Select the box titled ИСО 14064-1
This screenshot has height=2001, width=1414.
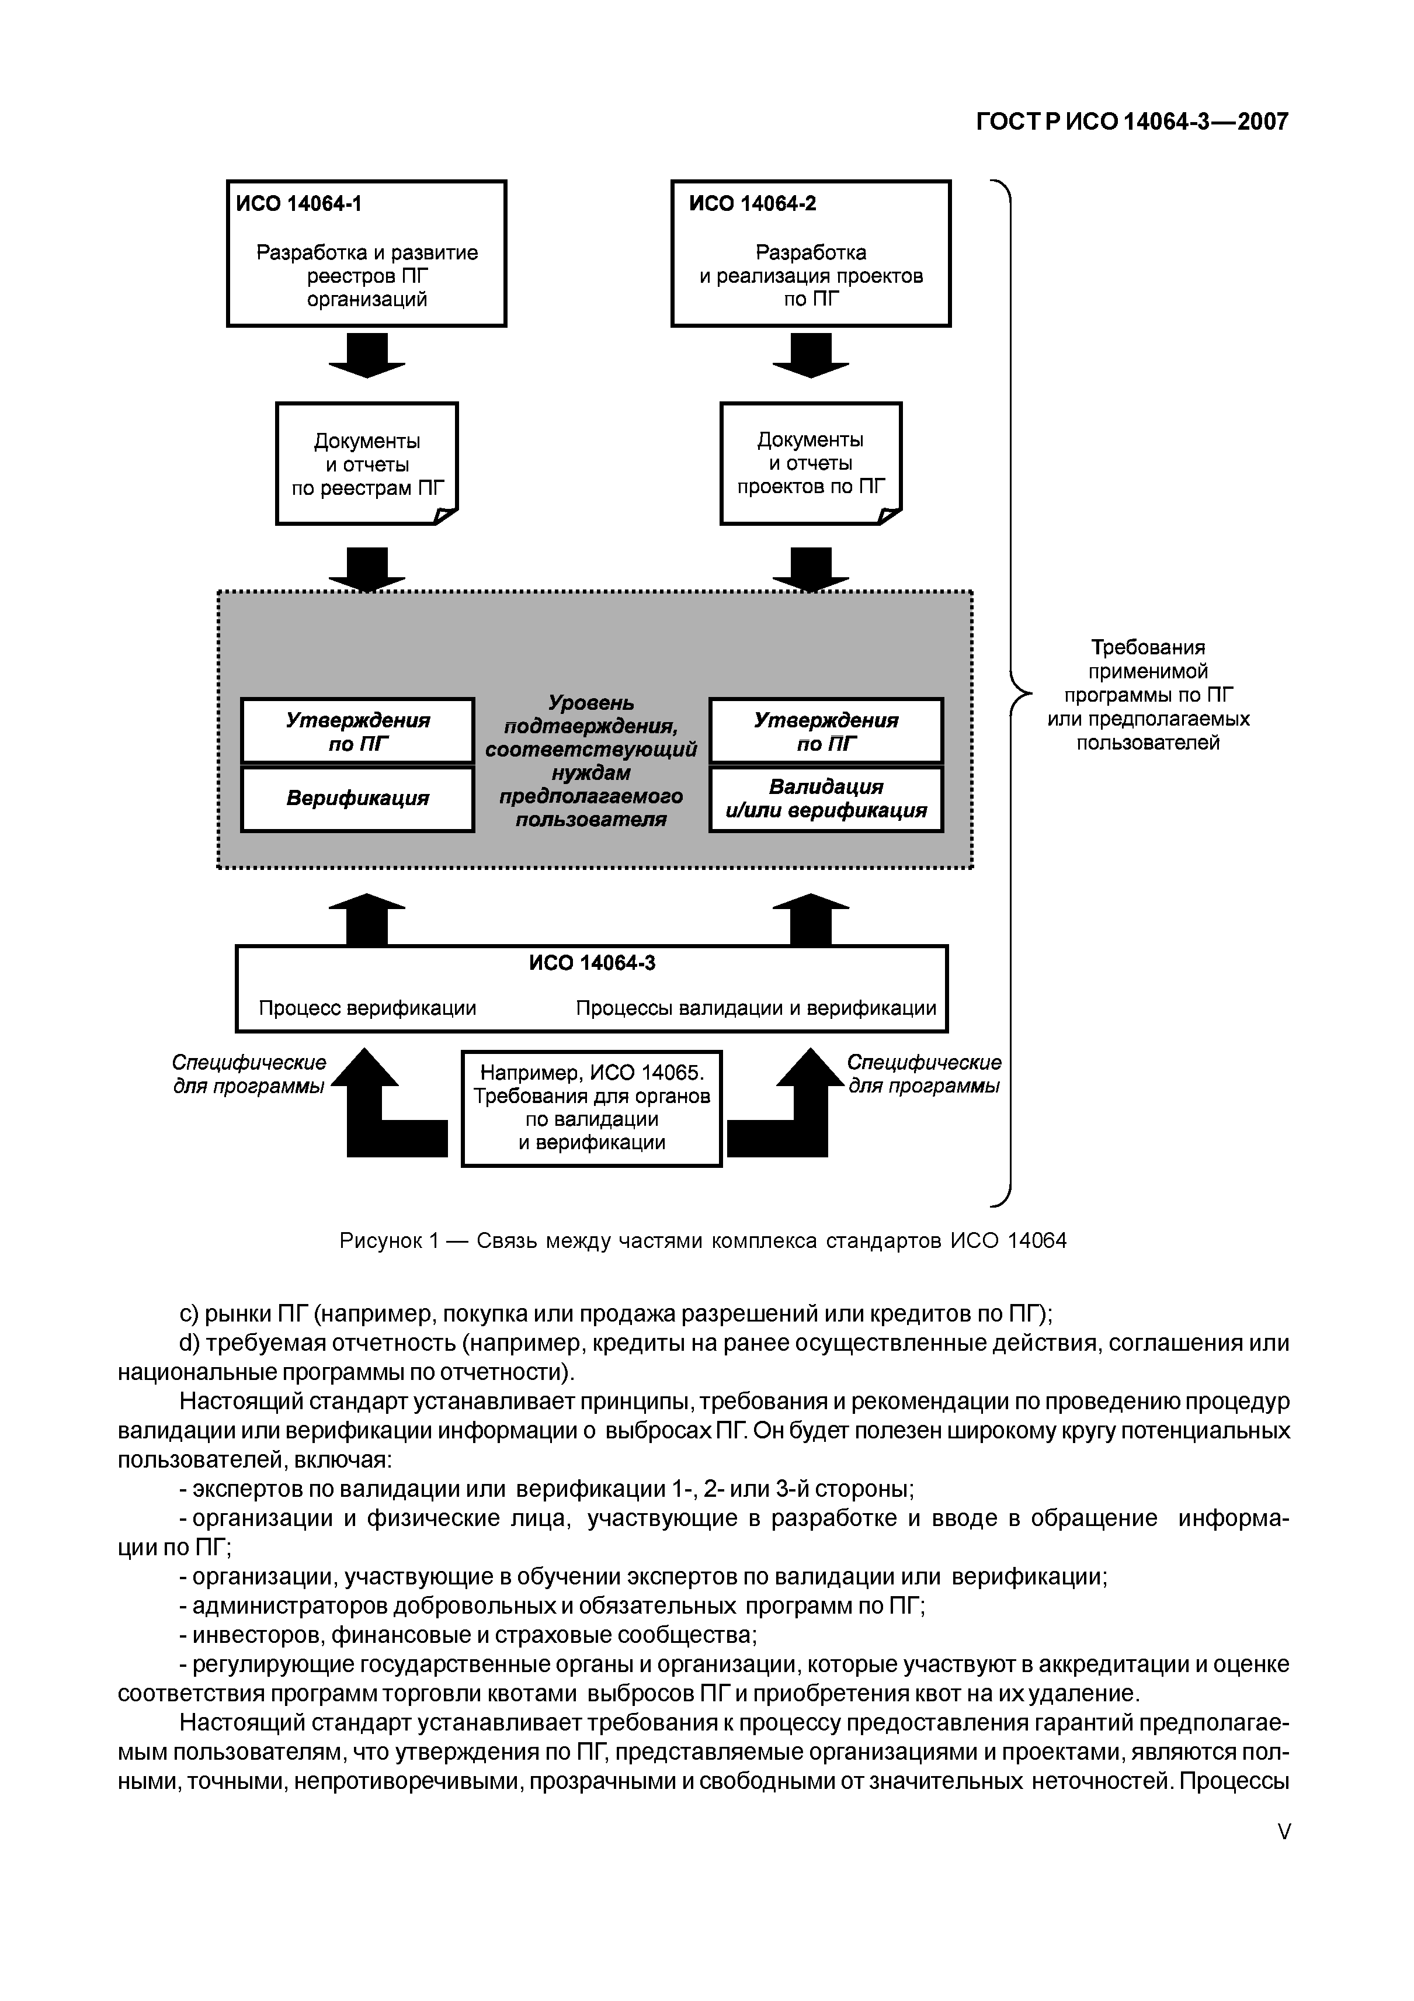[366, 254]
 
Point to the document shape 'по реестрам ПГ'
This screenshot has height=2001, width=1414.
[367, 464]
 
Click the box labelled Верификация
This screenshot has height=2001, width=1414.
[357, 798]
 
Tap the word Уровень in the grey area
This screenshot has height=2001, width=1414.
[590, 702]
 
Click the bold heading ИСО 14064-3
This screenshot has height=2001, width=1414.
[592, 963]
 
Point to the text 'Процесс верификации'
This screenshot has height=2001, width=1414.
[367, 1008]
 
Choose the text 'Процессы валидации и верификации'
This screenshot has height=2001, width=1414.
[755, 1008]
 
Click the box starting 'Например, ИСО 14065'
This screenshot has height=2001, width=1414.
[592, 1108]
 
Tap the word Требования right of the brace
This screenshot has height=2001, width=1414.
[1148, 647]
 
